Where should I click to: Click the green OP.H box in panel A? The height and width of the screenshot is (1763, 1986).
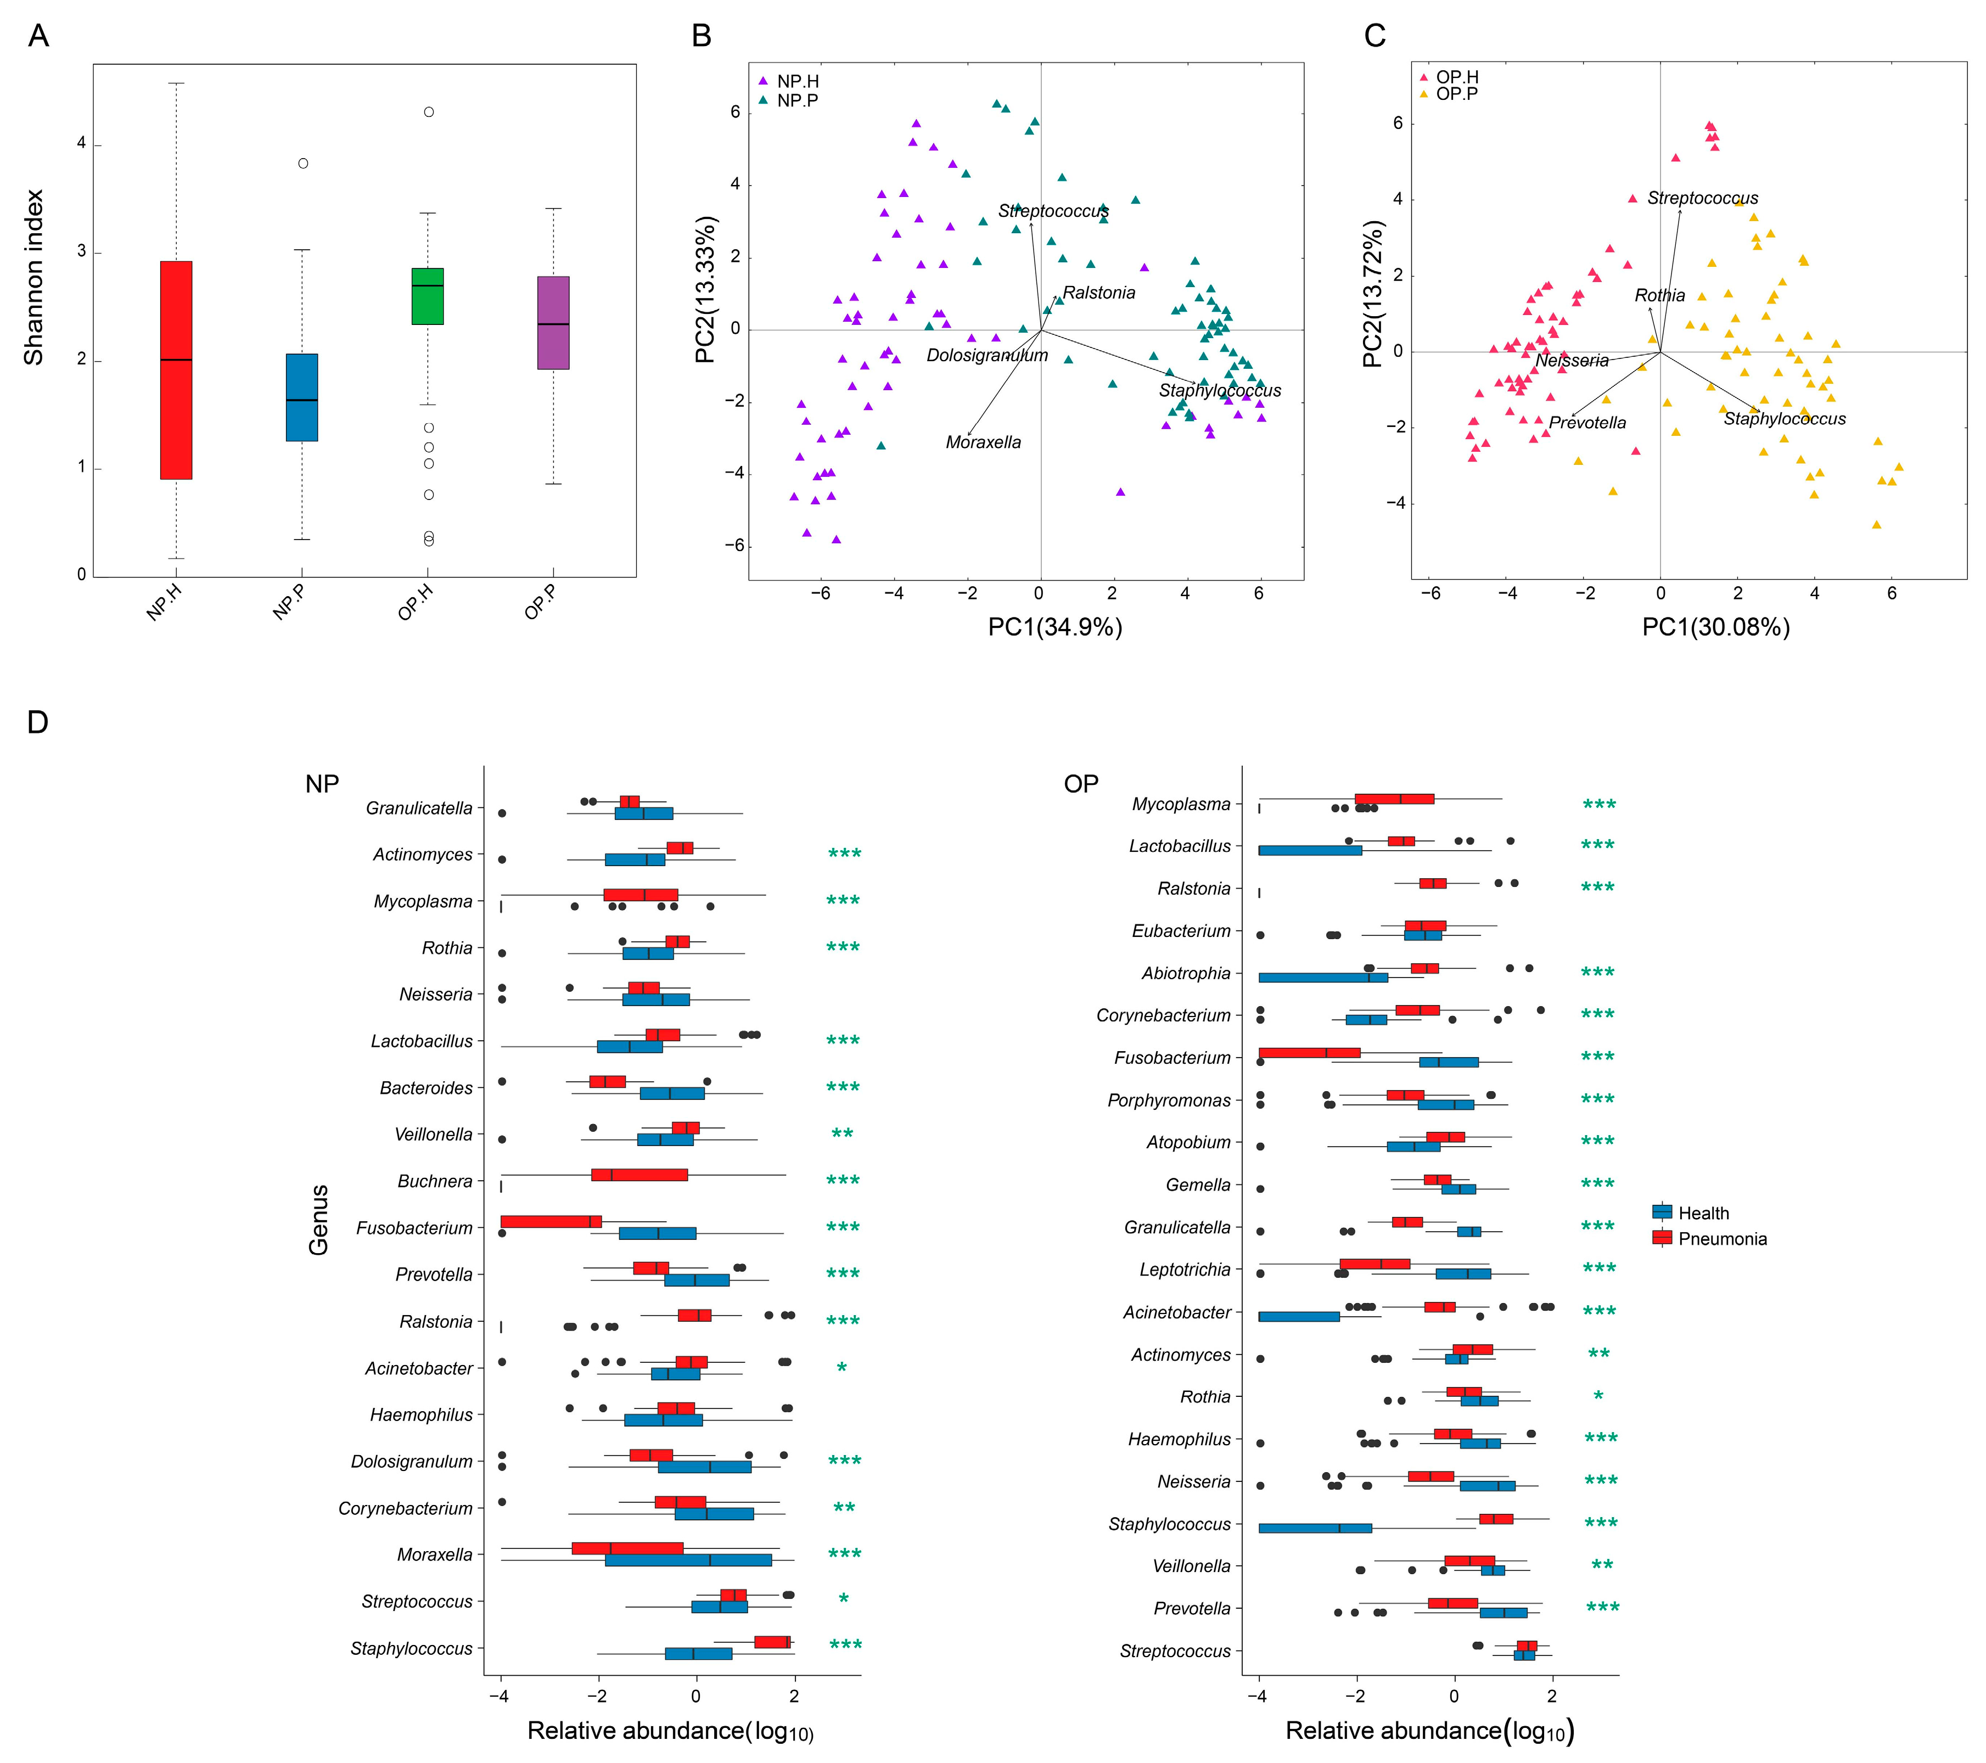(428, 296)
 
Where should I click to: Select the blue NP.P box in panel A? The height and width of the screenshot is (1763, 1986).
(301, 397)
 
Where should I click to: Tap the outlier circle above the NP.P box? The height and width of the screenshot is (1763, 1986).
(303, 163)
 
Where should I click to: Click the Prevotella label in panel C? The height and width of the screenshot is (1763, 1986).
(1587, 423)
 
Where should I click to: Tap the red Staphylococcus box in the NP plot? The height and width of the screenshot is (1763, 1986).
(772, 1642)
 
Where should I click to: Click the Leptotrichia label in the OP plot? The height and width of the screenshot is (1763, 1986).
(1185, 1270)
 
